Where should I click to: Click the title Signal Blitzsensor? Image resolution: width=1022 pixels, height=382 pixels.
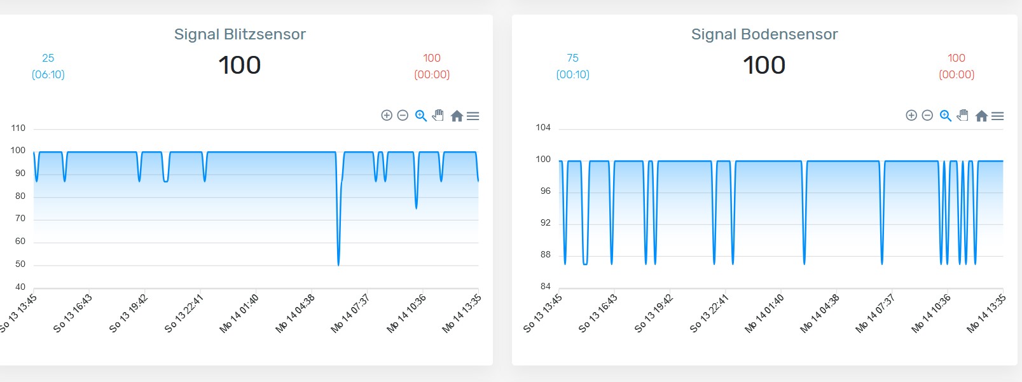point(240,34)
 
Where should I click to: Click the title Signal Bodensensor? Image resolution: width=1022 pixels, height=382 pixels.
point(764,34)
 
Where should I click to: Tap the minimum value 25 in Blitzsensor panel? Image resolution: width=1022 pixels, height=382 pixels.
point(48,58)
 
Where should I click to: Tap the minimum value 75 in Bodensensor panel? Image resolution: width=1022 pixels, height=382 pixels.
point(572,58)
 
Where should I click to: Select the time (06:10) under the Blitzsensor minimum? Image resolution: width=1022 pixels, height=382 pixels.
point(48,74)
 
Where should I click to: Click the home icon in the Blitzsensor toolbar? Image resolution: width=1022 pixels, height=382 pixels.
point(457,116)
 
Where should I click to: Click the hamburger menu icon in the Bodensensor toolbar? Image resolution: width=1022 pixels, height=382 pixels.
point(997,116)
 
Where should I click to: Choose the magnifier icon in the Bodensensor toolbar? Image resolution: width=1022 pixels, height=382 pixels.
point(946,116)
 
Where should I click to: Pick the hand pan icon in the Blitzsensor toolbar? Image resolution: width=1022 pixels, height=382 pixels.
point(438,115)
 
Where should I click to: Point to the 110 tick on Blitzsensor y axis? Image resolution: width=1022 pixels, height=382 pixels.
point(18,128)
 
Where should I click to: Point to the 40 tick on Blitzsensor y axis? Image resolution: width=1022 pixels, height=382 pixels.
point(20,287)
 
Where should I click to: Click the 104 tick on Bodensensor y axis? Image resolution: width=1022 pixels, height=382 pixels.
point(543,127)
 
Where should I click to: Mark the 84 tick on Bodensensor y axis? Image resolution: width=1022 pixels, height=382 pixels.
point(546,286)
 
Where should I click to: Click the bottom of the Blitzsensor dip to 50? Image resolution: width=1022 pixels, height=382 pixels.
point(338,264)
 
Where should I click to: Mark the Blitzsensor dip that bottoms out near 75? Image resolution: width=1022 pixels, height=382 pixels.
point(417,207)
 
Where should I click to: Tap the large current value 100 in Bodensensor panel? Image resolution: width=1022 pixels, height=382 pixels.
point(764,65)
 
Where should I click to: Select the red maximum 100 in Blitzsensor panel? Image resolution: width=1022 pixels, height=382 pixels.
point(432,58)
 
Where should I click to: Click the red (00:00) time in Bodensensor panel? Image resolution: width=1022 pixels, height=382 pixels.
point(956,74)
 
